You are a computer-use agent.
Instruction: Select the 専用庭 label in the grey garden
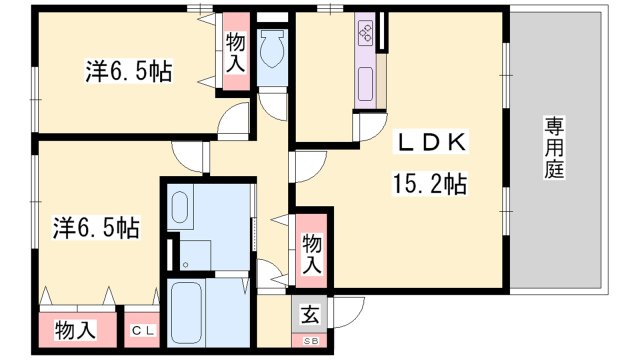point(553,148)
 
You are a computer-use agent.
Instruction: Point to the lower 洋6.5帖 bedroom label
point(95,229)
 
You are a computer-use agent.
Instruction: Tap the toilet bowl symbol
point(272,46)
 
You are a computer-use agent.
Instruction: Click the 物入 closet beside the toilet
point(236,53)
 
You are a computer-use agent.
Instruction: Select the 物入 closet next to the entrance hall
point(311,254)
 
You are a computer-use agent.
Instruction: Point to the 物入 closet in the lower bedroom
point(76,329)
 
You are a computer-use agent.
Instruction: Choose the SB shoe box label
point(310,342)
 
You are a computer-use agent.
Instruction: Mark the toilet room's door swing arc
point(270,102)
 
